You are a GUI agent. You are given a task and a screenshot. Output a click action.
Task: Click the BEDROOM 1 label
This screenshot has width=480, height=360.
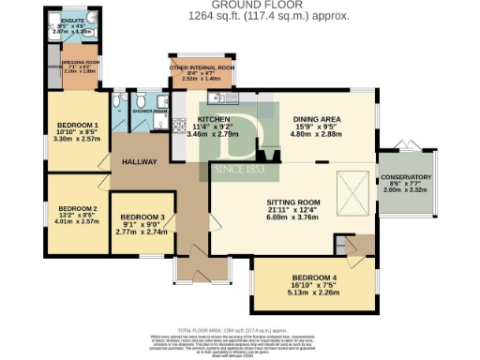(x=78, y=125)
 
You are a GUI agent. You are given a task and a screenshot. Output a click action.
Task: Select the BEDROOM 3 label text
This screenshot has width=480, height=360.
(x=142, y=217)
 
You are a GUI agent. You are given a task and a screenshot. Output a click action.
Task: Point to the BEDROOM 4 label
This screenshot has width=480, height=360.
(x=318, y=278)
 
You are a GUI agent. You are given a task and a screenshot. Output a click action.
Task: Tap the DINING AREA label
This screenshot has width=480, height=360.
(x=316, y=119)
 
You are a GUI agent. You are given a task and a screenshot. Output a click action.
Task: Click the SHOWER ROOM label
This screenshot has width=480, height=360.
(x=148, y=112)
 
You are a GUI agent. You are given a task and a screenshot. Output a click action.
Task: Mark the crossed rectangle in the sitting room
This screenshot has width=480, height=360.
(x=353, y=191)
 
